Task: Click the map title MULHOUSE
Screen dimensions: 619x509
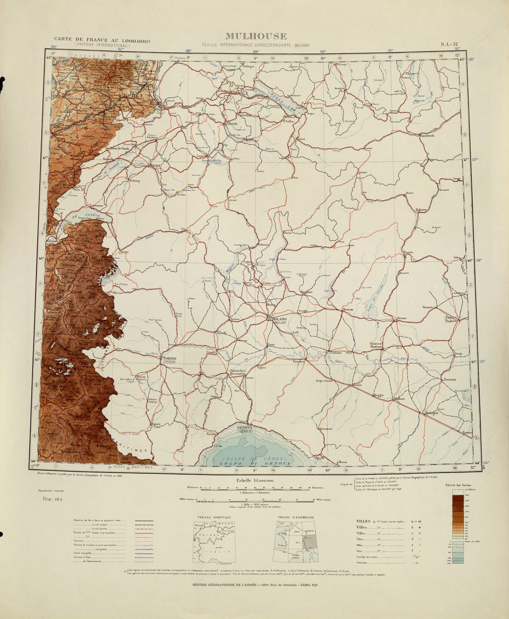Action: click(255, 36)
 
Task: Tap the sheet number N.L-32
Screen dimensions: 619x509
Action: click(449, 45)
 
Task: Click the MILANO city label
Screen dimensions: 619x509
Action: click(279, 321)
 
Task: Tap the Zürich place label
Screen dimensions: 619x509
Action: click(232, 124)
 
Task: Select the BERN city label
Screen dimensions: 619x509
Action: click(156, 166)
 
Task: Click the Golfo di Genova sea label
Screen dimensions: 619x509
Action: click(254, 463)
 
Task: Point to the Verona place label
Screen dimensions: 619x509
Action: click(401, 319)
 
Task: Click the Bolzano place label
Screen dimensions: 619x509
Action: click(421, 209)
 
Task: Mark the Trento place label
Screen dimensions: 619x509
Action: click(408, 253)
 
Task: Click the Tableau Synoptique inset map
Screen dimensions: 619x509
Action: click(214, 541)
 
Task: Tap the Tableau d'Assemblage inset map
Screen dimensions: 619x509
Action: click(296, 541)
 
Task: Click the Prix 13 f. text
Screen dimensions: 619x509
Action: click(53, 498)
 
